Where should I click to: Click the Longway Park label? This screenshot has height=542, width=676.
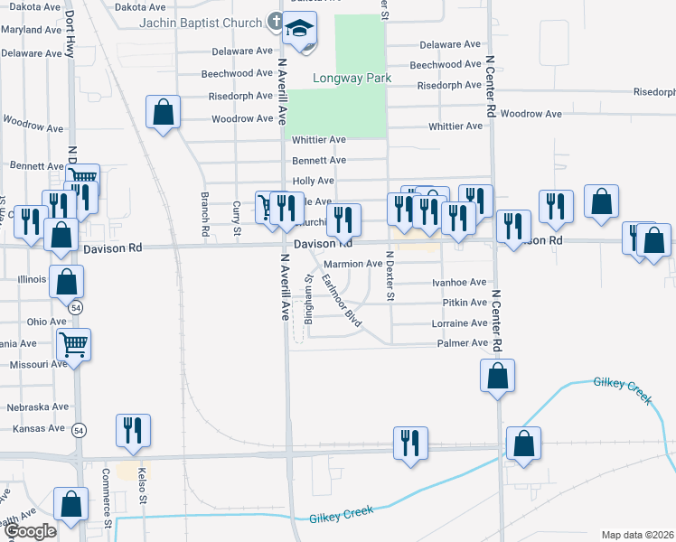tap(352, 79)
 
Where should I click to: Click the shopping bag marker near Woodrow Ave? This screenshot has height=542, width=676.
tap(163, 114)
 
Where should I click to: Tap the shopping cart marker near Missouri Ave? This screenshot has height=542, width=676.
tap(73, 343)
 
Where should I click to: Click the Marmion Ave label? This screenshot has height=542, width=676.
tap(353, 264)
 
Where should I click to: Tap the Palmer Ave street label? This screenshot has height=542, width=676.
tap(462, 343)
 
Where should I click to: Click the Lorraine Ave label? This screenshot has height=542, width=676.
tap(460, 322)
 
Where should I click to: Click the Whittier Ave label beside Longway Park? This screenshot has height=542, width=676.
tap(319, 140)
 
